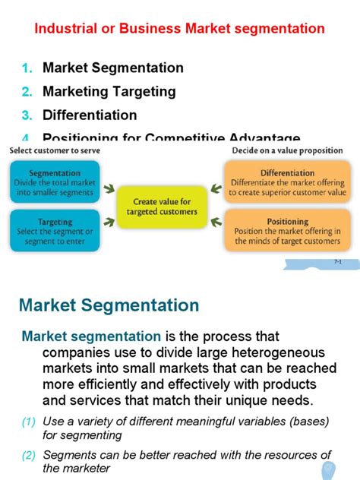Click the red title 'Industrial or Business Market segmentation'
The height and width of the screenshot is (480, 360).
(x=179, y=29)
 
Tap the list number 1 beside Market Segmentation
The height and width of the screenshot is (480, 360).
(x=27, y=68)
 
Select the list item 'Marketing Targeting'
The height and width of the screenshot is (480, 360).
(x=109, y=92)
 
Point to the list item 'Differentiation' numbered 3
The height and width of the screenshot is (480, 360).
(x=90, y=115)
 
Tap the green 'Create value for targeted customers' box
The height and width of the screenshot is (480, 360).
(x=161, y=207)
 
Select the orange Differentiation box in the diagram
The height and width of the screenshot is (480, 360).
(x=288, y=184)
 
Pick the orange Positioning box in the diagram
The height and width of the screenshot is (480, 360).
(x=288, y=231)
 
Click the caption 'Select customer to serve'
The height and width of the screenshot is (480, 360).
(x=55, y=150)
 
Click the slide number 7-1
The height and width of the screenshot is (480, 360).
(x=339, y=261)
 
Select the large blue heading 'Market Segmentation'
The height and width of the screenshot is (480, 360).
(x=109, y=305)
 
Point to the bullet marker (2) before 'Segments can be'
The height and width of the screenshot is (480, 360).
(x=28, y=455)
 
